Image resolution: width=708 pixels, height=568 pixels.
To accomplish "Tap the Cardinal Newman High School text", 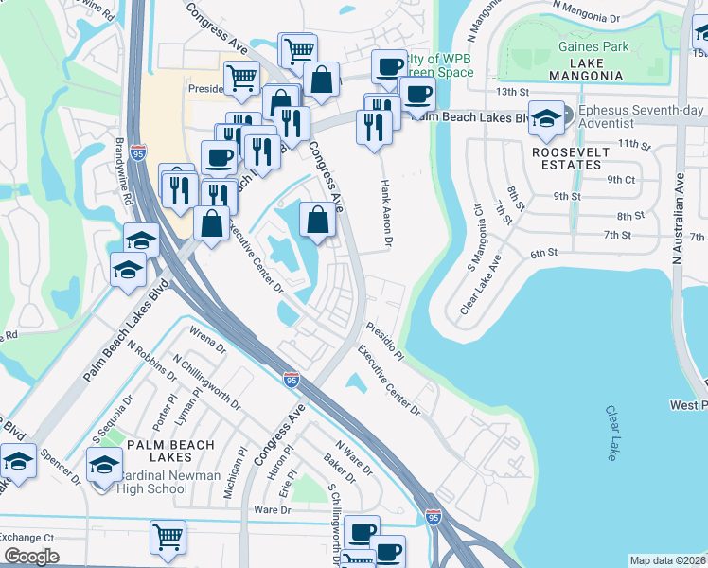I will pyautogui.click(x=156, y=482).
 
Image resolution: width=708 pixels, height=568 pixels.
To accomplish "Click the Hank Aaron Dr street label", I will pyautogui.click(x=386, y=212).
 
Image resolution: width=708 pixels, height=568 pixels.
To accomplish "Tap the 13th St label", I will pyautogui.click(x=511, y=91).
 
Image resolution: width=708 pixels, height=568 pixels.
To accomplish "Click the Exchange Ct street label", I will pyautogui.click(x=27, y=537).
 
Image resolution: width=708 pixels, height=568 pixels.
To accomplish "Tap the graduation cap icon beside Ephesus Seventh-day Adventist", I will pyautogui.click(x=546, y=117).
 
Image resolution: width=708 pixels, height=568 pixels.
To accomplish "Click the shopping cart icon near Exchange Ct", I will pyautogui.click(x=168, y=536).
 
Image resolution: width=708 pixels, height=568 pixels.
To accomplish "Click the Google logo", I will pyautogui.click(x=31, y=557).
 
